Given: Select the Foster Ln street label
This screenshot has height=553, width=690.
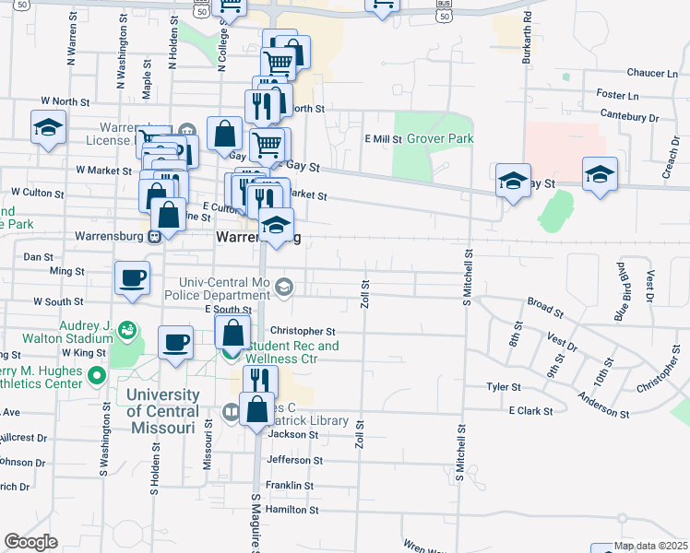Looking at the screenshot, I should tap(618, 95).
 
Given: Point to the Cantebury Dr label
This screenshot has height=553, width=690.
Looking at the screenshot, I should tap(628, 117).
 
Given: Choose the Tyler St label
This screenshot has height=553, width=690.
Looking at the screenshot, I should tap(504, 387).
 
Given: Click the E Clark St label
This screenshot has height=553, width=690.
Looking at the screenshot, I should tap(530, 411).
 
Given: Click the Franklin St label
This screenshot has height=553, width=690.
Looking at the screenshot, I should tap(290, 485).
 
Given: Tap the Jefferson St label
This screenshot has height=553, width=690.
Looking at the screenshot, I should tap(294, 460).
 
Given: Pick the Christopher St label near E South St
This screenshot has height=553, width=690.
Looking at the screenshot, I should tap(303, 331).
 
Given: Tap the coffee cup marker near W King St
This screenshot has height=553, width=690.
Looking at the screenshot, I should tap(175, 343).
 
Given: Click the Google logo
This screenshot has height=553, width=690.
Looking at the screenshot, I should tap(30, 542).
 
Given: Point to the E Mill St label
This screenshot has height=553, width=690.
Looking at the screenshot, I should tap(383, 139).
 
